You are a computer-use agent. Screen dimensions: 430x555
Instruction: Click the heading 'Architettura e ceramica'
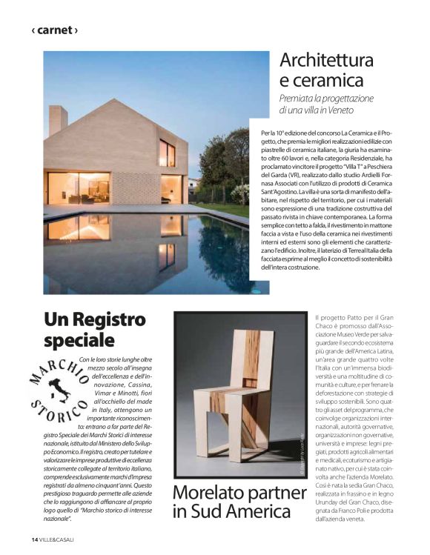pos(325,70)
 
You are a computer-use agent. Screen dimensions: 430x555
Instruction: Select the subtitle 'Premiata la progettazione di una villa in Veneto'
pos(326,104)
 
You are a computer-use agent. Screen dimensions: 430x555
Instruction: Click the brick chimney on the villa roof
pos(58,122)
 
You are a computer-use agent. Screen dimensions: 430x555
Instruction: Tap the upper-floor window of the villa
pos(167,153)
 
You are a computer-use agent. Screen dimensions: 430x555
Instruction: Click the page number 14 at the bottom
pos(34,538)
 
